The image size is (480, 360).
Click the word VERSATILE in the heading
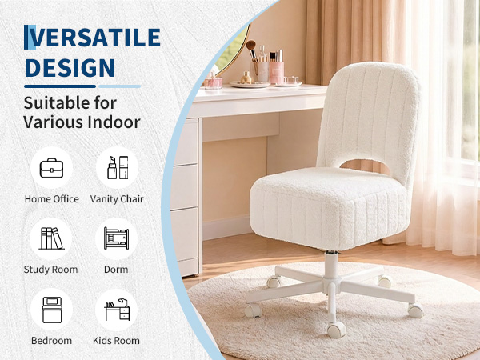(x=92, y=38)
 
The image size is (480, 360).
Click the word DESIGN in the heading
(x=70, y=68)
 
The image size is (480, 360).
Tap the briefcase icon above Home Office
(x=51, y=168)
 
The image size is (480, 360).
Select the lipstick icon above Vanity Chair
(x=118, y=167)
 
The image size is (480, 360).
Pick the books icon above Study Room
(x=51, y=238)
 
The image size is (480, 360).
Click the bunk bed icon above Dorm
(x=116, y=238)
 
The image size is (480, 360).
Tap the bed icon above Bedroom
(x=52, y=310)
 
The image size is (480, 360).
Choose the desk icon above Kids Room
(x=118, y=309)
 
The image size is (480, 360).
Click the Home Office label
(x=52, y=199)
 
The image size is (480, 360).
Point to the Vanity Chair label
(x=117, y=199)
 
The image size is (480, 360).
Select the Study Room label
(x=51, y=270)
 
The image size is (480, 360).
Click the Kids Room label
(x=116, y=341)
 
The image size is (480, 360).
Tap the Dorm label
(x=116, y=270)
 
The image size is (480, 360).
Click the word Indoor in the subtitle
(x=114, y=122)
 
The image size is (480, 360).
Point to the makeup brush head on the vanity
(x=251, y=45)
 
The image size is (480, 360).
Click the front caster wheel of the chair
(x=337, y=330)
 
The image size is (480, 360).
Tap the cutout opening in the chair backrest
(x=364, y=165)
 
